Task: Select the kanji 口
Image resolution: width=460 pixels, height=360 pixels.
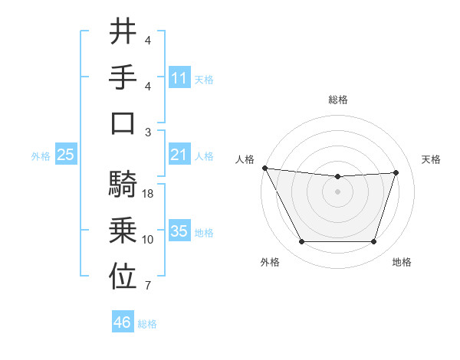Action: click(123, 123)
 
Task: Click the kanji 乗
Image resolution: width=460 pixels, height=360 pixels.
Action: click(123, 229)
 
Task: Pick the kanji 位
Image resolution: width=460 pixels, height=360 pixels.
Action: click(123, 275)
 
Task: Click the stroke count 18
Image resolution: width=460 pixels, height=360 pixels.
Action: click(149, 194)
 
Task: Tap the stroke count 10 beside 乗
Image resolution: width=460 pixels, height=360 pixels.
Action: click(148, 240)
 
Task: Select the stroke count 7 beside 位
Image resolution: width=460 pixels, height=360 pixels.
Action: click(148, 286)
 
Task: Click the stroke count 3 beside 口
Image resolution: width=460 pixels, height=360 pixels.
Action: click(148, 132)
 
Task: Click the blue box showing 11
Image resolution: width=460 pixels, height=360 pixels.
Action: click(179, 78)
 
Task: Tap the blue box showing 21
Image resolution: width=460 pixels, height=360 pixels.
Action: click(179, 155)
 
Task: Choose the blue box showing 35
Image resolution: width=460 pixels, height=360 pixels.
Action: click(179, 231)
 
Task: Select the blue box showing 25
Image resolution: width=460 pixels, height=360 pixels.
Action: click(66, 155)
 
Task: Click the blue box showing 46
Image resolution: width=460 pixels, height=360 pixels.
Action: click(123, 322)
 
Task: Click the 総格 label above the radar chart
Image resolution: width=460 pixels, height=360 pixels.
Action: click(337, 100)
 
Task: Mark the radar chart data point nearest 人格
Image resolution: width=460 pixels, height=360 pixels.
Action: click(264, 168)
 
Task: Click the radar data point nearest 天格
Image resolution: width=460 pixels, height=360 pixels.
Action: click(396, 172)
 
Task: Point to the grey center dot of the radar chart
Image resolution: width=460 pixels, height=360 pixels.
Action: click(337, 191)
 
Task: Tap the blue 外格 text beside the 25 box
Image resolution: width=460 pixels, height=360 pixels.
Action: click(41, 156)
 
